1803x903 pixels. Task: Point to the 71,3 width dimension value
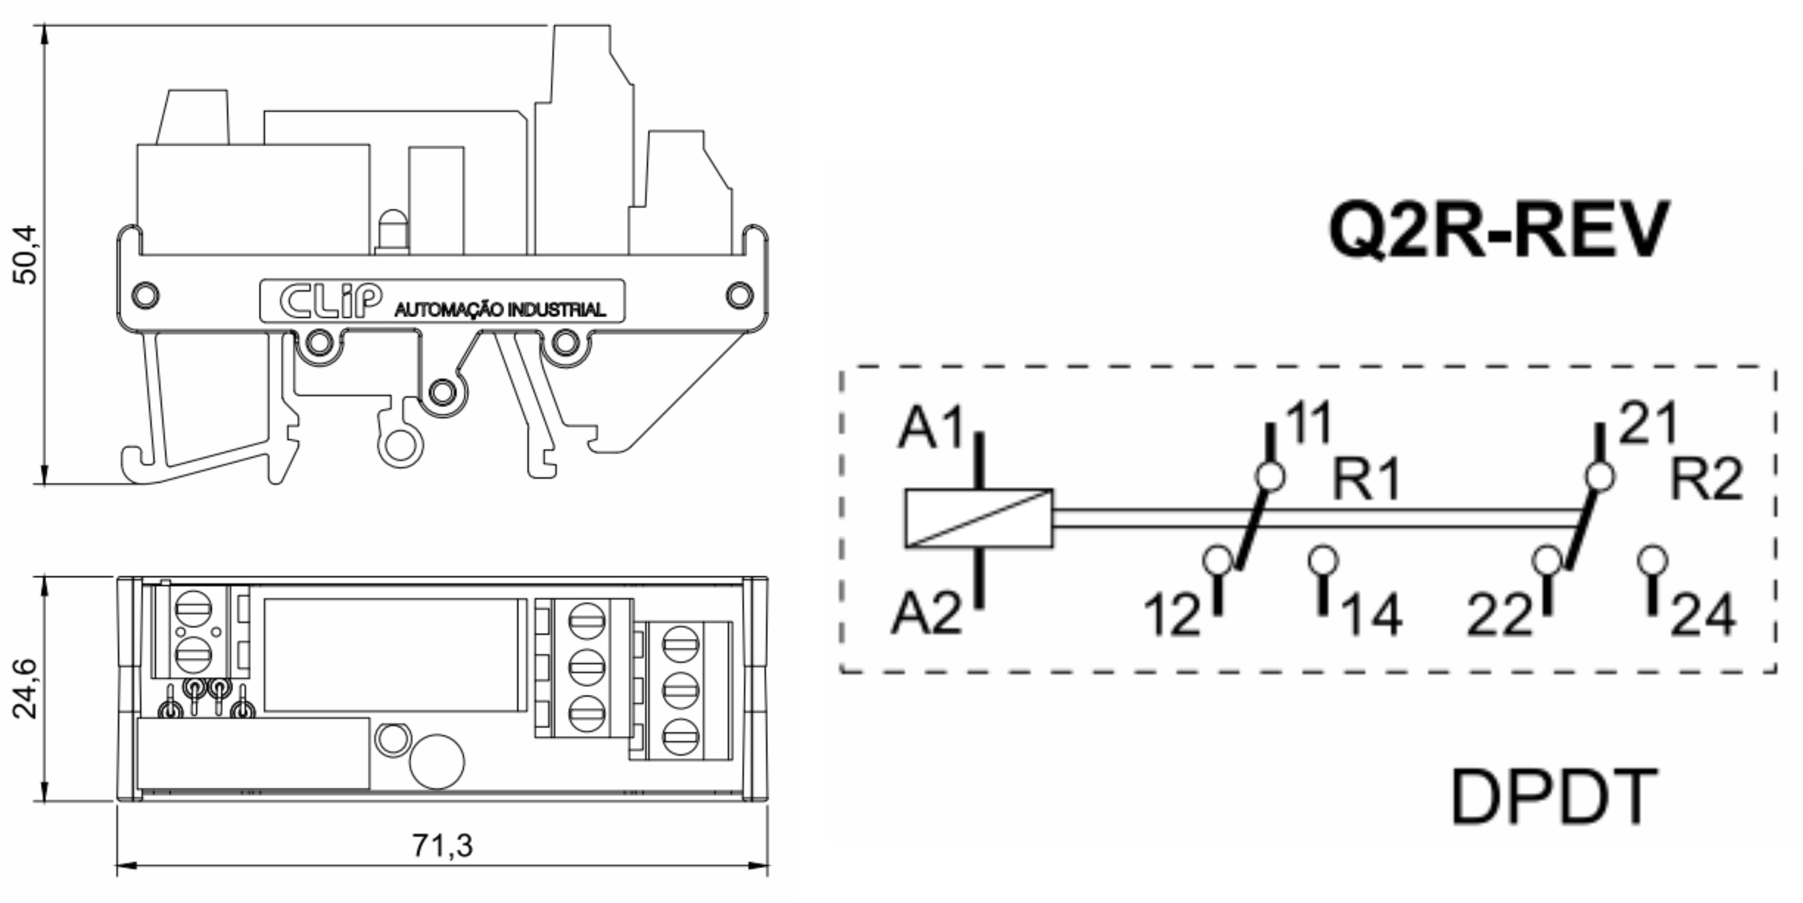click(x=443, y=846)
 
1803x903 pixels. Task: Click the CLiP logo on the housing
click(x=330, y=301)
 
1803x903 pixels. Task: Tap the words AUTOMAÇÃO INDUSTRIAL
click(x=500, y=309)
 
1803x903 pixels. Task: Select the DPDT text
click(x=1554, y=798)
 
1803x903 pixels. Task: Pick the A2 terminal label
click(x=926, y=616)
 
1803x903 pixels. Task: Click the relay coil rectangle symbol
click(x=979, y=518)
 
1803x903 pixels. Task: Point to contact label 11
click(x=1307, y=424)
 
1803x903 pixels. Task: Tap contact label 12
click(x=1172, y=617)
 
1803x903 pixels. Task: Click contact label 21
click(x=1648, y=424)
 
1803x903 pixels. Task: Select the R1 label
click(x=1366, y=480)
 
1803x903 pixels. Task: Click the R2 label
click(x=1706, y=480)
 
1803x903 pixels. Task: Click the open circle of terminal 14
click(x=1323, y=561)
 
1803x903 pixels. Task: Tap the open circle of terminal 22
click(x=1547, y=561)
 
